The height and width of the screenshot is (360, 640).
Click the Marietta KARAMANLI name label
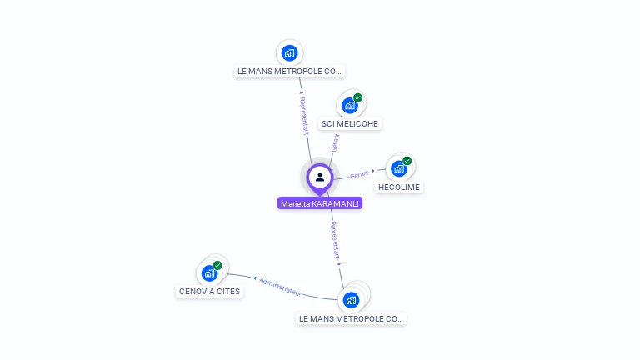click(320, 203)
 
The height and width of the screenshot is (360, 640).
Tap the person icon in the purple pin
click(320, 177)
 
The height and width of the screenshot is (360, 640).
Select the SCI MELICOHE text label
click(350, 124)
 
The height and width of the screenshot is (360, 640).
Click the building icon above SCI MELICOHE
click(349, 106)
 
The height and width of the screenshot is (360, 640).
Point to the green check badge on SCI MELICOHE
click(358, 97)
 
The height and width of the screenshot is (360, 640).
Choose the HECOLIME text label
click(400, 187)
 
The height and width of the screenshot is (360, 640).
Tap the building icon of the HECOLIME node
click(398, 169)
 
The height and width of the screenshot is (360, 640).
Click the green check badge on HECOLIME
click(407, 161)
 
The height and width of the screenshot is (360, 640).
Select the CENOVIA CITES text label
click(209, 292)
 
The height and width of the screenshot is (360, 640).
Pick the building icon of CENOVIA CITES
click(208, 273)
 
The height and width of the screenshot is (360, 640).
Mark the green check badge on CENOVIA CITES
click(217, 265)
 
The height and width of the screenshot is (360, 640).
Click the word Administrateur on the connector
click(280, 285)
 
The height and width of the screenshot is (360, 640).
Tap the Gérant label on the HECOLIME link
click(358, 174)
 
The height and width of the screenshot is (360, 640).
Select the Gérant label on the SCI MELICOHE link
click(335, 142)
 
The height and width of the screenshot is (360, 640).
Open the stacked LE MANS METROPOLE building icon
click(351, 299)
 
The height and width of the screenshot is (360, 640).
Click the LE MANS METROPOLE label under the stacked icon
click(351, 318)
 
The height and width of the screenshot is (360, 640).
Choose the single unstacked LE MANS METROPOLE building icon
click(289, 53)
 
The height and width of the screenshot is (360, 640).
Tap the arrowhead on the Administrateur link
click(254, 277)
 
